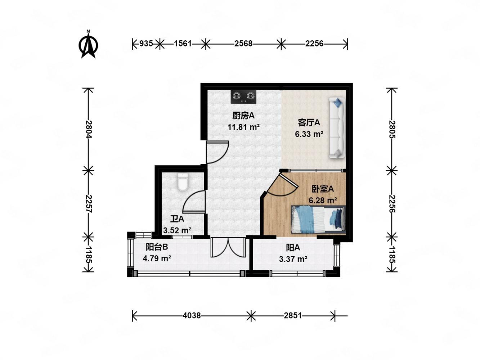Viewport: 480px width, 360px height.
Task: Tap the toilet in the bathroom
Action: click(x=182, y=182)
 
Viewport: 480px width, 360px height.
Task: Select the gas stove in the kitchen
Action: click(x=243, y=96)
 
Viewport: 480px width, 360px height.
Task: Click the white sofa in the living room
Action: click(x=337, y=128)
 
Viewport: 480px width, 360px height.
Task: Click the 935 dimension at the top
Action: click(x=146, y=44)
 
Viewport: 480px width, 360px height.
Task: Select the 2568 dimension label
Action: click(x=243, y=44)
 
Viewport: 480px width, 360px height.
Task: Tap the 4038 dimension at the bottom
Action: click(x=192, y=315)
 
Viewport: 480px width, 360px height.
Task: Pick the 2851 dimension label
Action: click(x=293, y=315)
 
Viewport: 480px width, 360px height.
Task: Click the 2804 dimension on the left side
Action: click(x=89, y=129)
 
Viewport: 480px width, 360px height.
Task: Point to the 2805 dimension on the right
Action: click(x=392, y=129)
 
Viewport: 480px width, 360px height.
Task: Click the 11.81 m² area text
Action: click(x=243, y=127)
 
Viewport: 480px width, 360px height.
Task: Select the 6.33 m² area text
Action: click(x=309, y=134)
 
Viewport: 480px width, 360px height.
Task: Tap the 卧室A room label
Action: click(x=323, y=189)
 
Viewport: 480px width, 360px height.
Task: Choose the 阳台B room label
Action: click(x=157, y=247)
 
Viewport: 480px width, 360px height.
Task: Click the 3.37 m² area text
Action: click(x=293, y=259)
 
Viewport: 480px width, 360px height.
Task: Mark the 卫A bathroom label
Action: click(x=177, y=219)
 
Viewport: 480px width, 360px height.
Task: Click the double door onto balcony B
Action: click(x=228, y=247)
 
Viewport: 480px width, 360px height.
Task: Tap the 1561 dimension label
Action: click(x=182, y=44)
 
